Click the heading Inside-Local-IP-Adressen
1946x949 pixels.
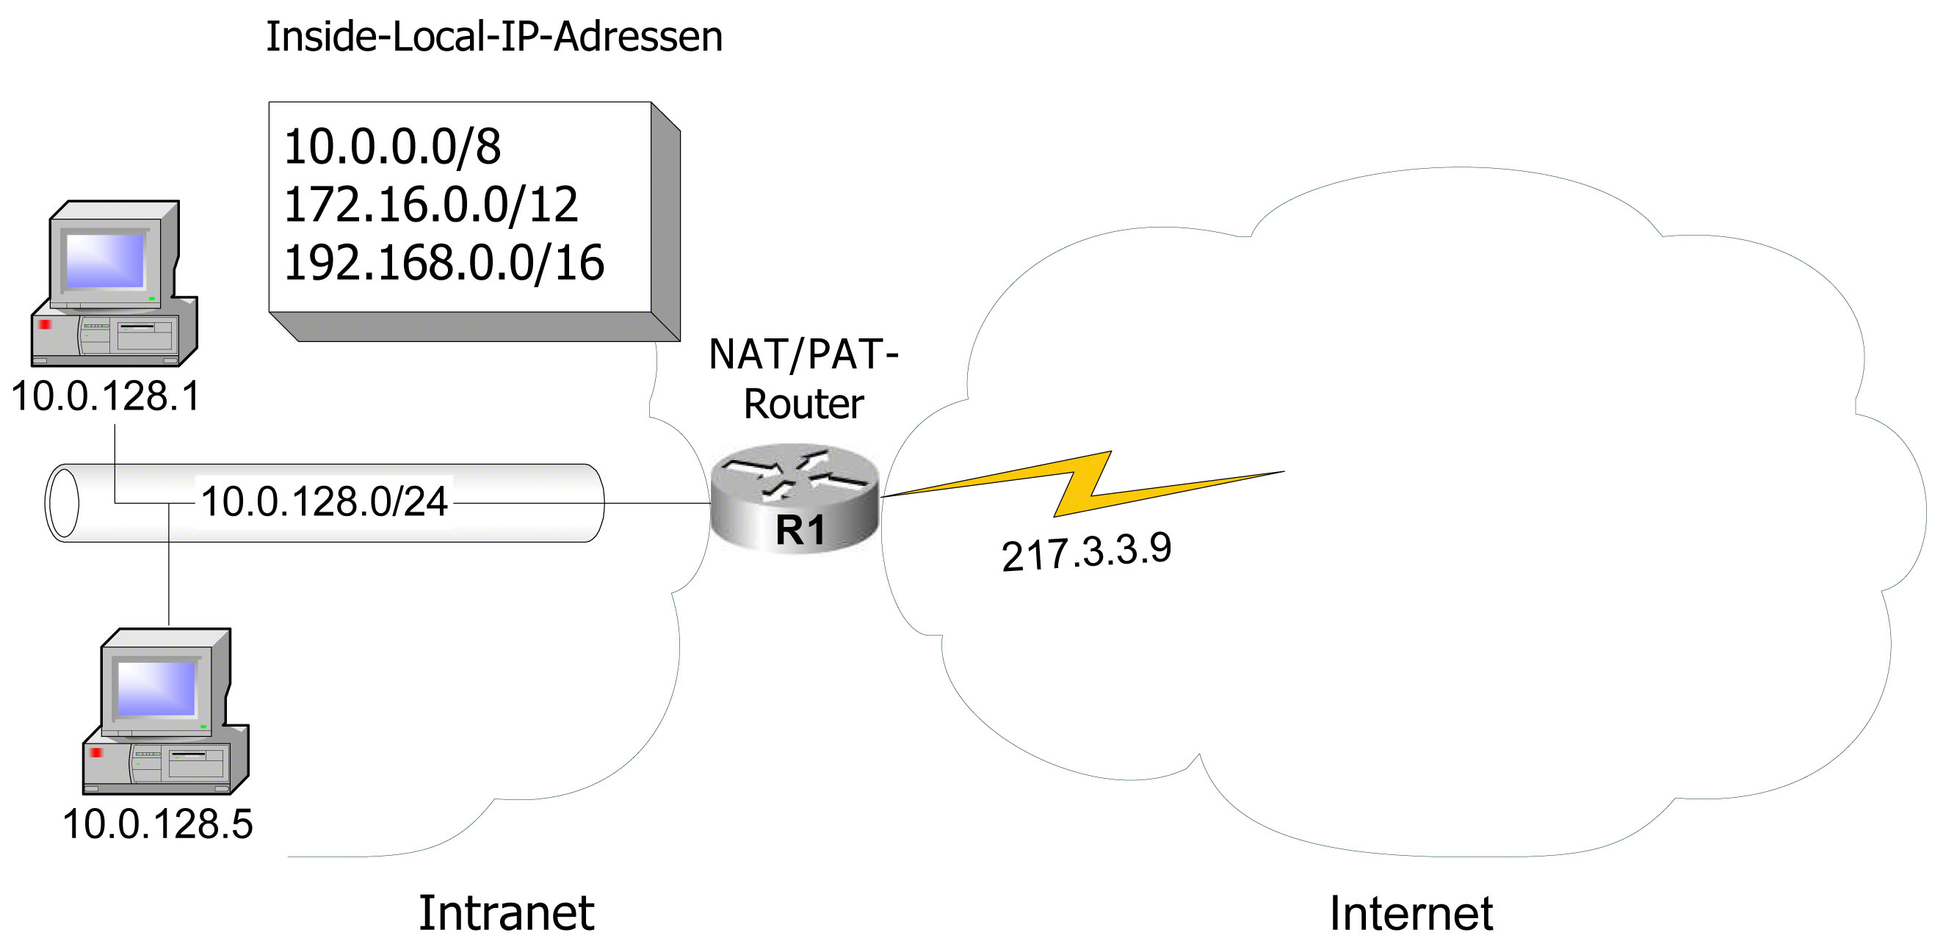pyautogui.click(x=494, y=37)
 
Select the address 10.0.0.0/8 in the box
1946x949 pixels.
pyautogui.click(x=392, y=147)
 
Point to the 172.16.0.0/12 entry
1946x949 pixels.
pyautogui.click(x=430, y=205)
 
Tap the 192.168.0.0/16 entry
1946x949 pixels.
pyautogui.click(x=444, y=263)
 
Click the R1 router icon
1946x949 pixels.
pyautogui.click(x=795, y=498)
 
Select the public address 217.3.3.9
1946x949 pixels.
pyautogui.click(x=1086, y=551)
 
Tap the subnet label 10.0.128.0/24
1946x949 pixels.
pyautogui.click(x=324, y=502)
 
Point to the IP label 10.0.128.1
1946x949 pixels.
pyautogui.click(x=106, y=396)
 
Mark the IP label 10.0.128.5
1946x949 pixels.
pyautogui.click(x=157, y=823)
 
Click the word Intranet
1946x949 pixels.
pyautogui.click(x=506, y=913)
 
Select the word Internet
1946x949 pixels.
pyautogui.click(x=1411, y=914)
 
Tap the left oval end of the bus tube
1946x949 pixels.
pyautogui.click(x=62, y=503)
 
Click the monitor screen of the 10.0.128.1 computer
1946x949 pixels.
pyautogui.click(x=105, y=261)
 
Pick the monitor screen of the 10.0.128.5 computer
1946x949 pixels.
pyautogui.click(x=156, y=688)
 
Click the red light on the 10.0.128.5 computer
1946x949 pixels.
pyautogui.click(x=96, y=753)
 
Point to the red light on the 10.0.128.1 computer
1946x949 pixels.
pyautogui.click(x=45, y=324)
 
